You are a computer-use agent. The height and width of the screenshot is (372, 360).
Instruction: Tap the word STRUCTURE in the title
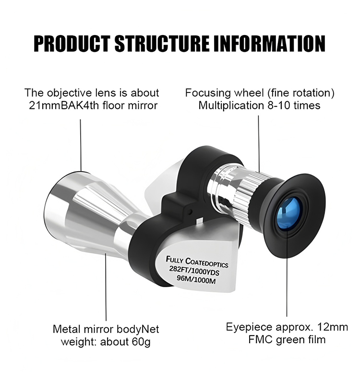(x=162, y=44)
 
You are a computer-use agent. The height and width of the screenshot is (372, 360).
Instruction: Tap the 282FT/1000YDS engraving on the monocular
(x=193, y=271)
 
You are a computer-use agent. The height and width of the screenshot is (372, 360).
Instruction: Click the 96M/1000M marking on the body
(x=196, y=279)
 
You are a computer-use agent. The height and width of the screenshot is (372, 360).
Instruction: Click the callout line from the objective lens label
(x=81, y=145)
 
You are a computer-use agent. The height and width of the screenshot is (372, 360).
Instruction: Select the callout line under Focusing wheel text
(x=259, y=145)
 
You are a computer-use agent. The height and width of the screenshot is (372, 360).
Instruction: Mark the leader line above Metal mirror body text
(x=106, y=287)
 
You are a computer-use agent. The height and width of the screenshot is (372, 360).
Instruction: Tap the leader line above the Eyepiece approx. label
(x=287, y=271)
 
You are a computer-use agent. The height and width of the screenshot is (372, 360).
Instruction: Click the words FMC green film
(x=287, y=339)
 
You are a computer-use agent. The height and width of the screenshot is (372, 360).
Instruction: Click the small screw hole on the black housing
(x=190, y=210)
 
